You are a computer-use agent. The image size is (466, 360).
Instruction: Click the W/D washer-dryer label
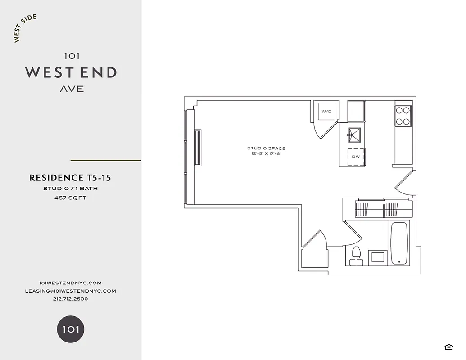[x=326, y=111]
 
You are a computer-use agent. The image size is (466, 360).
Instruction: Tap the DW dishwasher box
[x=356, y=157]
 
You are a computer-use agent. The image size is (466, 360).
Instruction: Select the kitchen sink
[x=354, y=134]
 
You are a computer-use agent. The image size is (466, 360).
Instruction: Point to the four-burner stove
[x=403, y=116]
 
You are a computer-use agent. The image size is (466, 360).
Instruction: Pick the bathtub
[x=399, y=244]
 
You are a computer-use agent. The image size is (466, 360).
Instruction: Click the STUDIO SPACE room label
[x=266, y=148]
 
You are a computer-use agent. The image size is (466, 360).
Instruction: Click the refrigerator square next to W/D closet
[x=356, y=111]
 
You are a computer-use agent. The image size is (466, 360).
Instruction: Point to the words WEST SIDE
[x=25, y=28]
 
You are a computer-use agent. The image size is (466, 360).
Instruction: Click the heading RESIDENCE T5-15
[x=70, y=178]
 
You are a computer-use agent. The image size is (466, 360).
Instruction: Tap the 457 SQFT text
[x=70, y=198]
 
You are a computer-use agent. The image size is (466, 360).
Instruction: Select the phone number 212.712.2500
[x=70, y=299]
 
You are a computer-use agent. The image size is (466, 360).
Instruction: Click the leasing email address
[x=70, y=291]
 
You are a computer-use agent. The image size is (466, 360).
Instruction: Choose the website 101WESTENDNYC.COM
[x=70, y=283]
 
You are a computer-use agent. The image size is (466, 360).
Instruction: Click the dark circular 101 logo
[x=71, y=329]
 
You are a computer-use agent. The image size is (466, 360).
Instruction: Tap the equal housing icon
[x=448, y=346]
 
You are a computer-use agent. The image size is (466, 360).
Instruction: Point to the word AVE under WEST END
[x=72, y=89]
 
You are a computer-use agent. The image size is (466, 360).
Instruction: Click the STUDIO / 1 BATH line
[x=70, y=189]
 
